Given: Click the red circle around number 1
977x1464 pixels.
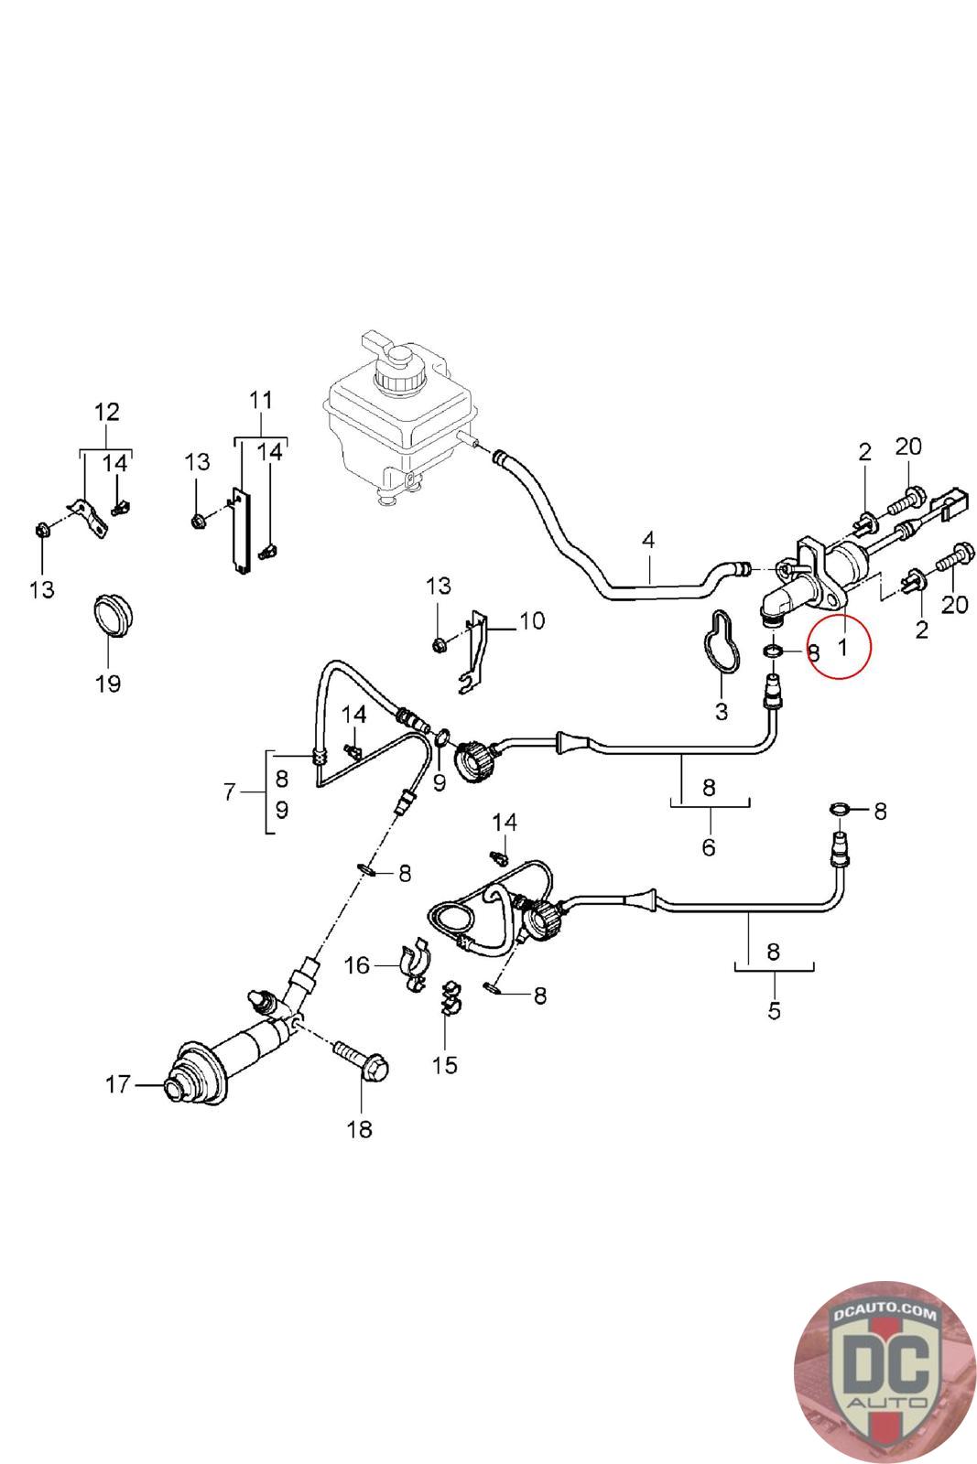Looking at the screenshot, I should pyautogui.click(x=841, y=644).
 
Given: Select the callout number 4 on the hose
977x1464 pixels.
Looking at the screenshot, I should pyautogui.click(x=648, y=540).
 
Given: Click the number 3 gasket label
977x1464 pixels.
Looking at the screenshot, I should pyautogui.click(x=722, y=710).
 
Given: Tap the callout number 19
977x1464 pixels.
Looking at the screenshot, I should pyautogui.click(x=108, y=683).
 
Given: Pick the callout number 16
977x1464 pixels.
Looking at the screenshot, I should pyautogui.click(x=356, y=964).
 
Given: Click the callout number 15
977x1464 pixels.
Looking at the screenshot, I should pyautogui.click(x=445, y=1065).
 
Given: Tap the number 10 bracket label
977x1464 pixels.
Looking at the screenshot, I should pyautogui.click(x=531, y=621).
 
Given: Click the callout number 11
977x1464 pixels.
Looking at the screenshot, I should pyautogui.click(x=260, y=400).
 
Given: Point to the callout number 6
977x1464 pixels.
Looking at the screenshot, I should pyautogui.click(x=709, y=846).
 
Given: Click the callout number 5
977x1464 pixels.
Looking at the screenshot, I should pyautogui.click(x=774, y=1010).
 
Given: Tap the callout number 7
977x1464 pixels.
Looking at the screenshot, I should pyautogui.click(x=230, y=791).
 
